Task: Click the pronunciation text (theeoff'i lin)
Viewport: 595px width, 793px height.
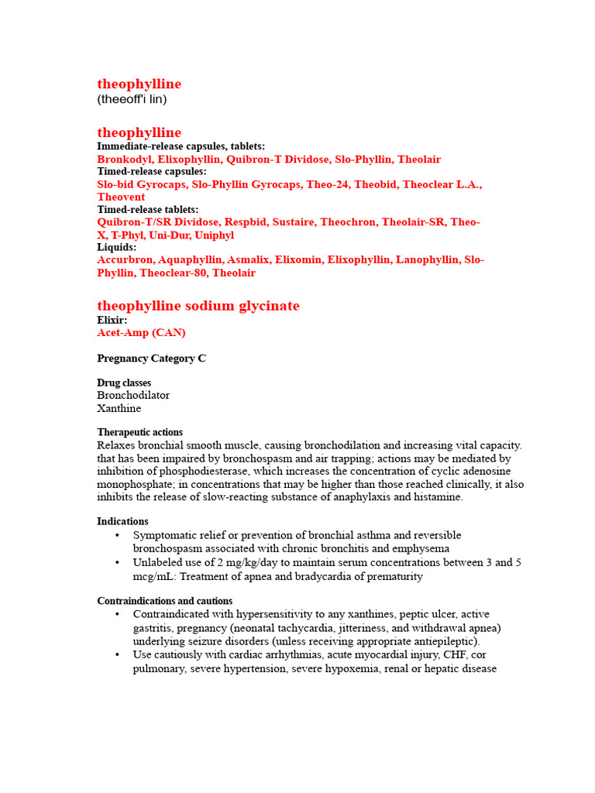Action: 132,100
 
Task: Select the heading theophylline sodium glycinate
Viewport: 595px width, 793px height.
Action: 198,306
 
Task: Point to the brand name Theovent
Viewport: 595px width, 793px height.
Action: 121,197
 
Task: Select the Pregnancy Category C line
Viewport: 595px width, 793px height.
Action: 152,358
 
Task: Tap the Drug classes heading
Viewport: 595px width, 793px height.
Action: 124,383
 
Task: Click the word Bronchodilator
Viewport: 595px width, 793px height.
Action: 133,395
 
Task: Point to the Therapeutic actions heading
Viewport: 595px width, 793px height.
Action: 140,432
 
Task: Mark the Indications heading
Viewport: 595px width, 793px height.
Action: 122,521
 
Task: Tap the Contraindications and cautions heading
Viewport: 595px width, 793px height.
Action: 164,601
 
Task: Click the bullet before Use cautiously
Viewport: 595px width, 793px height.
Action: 117,654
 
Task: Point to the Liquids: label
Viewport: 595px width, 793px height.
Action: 117,247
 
